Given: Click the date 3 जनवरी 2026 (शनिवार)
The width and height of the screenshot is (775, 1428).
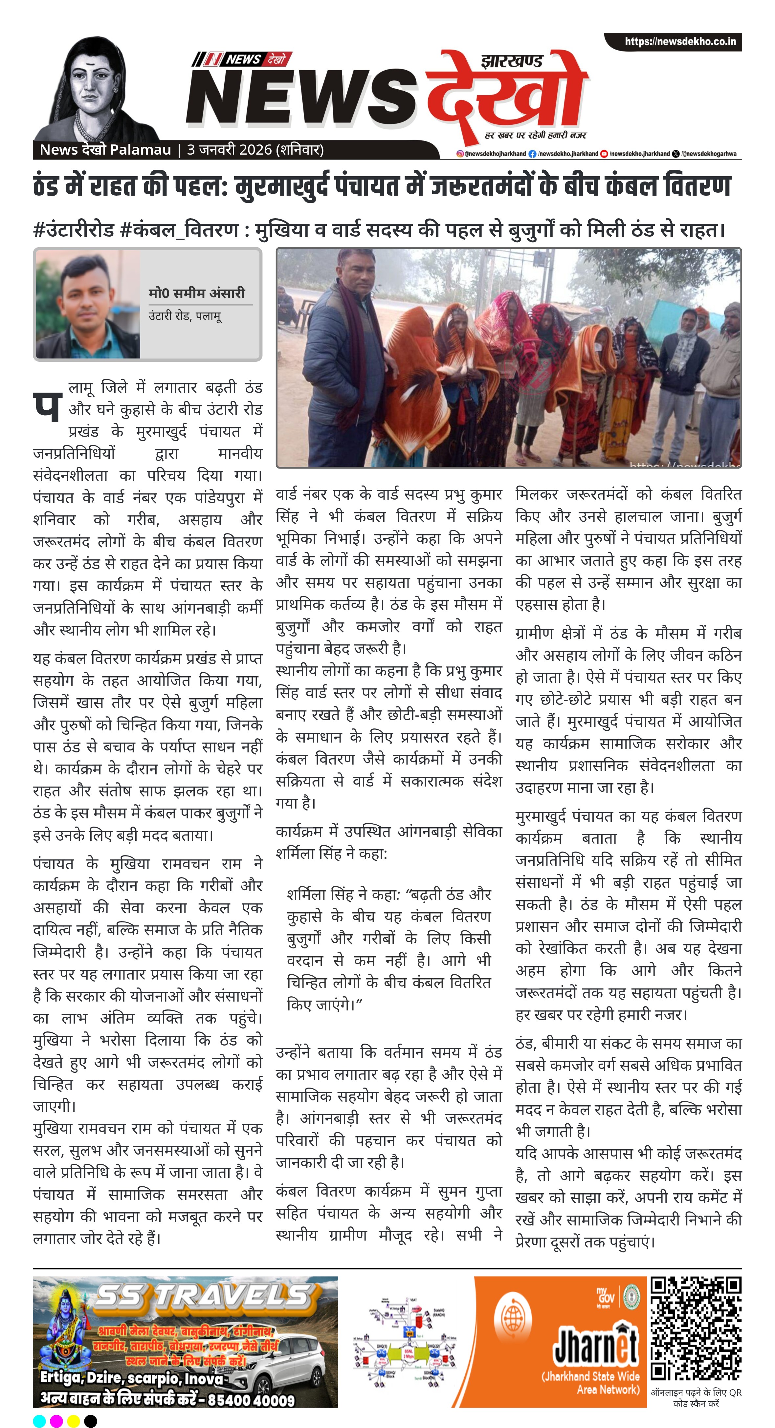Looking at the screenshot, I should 255,150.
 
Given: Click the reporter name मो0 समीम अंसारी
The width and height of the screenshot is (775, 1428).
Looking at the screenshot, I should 196,293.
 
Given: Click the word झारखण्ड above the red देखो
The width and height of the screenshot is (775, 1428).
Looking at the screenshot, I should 512,61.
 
